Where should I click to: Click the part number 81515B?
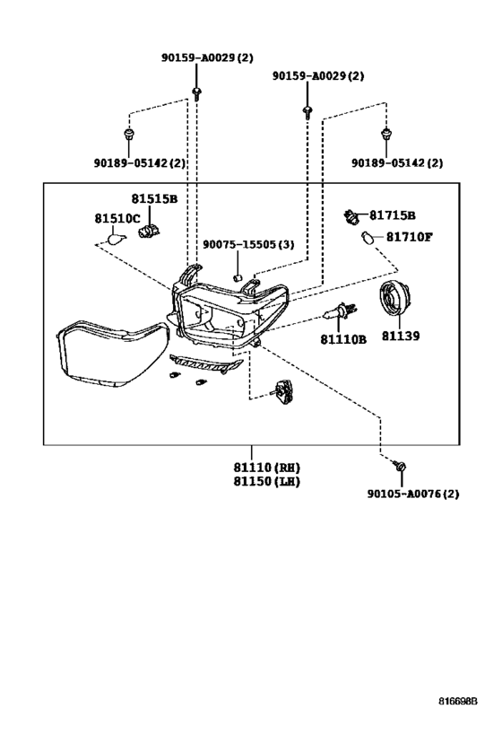click(154, 198)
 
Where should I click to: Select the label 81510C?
click(117, 218)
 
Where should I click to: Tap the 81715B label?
click(392, 215)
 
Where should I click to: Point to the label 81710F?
click(409, 237)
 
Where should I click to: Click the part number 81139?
click(401, 337)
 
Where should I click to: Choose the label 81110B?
click(343, 339)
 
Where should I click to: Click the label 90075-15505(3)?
click(248, 245)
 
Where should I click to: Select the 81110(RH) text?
click(267, 468)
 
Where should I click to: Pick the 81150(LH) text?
click(267, 481)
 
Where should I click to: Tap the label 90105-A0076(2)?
click(413, 494)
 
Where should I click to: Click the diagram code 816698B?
click(457, 702)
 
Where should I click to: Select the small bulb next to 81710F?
click(368, 239)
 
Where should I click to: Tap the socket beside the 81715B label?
click(351, 216)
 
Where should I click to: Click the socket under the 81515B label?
click(150, 230)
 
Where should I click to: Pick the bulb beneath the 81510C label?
click(117, 239)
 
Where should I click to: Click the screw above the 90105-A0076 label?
click(401, 467)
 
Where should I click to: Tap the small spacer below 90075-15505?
click(238, 277)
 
